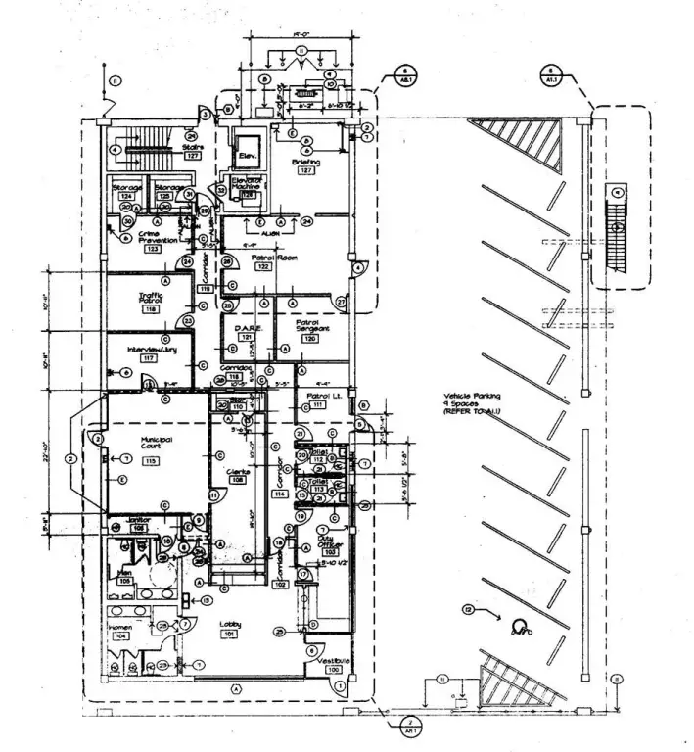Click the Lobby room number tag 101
[231, 634]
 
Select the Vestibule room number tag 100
[335, 670]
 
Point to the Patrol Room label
[262, 257]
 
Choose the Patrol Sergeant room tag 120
[310, 339]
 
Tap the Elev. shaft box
[245, 156]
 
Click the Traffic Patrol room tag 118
[150, 309]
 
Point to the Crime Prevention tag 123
[153, 250]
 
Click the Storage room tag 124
[126, 197]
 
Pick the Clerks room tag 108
[237, 482]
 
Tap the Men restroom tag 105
[124, 580]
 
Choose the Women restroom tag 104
[121, 635]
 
